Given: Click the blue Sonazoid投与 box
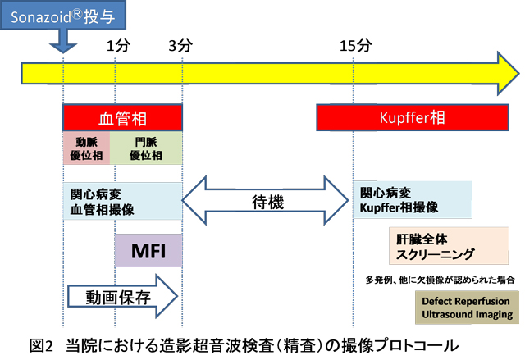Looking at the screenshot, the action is coord(63,15).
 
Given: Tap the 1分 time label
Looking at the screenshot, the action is coord(118,45).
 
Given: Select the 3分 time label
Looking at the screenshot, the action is coord(180,45).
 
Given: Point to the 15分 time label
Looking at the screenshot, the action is coord(355,45).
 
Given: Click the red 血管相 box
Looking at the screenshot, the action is coord(122,117).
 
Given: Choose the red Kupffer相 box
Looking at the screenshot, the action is coord(413,117).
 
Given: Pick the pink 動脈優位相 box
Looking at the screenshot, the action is coord(86,148).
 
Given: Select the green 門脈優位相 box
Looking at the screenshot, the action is coord(146,148).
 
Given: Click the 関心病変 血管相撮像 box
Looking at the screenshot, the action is coord(122,201).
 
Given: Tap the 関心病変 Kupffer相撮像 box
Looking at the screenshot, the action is coord(413,200).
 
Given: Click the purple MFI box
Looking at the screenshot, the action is coord(148,251).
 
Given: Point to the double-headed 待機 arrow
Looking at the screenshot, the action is coord(265,200).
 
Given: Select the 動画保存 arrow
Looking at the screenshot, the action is coord(122,296).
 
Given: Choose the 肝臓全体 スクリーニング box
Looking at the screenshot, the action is coord(449,246).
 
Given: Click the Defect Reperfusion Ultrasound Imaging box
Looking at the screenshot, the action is coord(467,308).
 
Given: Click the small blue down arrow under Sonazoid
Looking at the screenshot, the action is coord(63,41).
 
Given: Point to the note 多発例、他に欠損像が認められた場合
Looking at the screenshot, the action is coord(440,280).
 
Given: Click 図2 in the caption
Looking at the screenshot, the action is coord(41,345).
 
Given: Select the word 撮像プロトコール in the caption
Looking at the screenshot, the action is coord(399,345).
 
